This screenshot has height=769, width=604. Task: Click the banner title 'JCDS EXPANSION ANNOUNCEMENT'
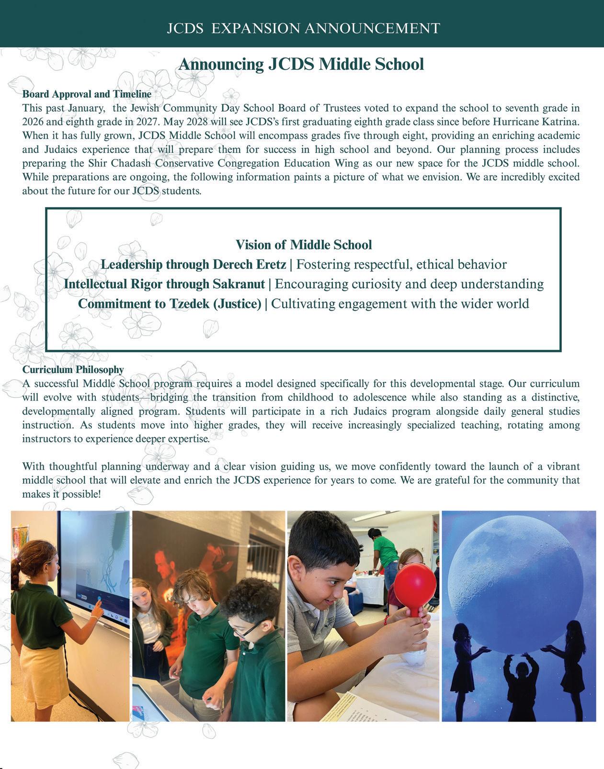pos(303,28)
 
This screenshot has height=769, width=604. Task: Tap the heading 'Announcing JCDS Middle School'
pos(301,64)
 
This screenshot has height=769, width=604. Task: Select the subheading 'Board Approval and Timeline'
pos(87,94)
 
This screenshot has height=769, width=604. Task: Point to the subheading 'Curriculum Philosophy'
pos(73,370)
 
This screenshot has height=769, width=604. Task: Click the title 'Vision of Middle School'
pos(304,245)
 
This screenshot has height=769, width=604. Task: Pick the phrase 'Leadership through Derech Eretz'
pos(193,265)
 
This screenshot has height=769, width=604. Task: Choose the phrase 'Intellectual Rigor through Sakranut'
pos(164,284)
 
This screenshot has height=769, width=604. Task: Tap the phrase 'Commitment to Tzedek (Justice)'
pos(170,304)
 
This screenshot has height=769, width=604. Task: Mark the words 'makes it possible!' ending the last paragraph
pos(62,494)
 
